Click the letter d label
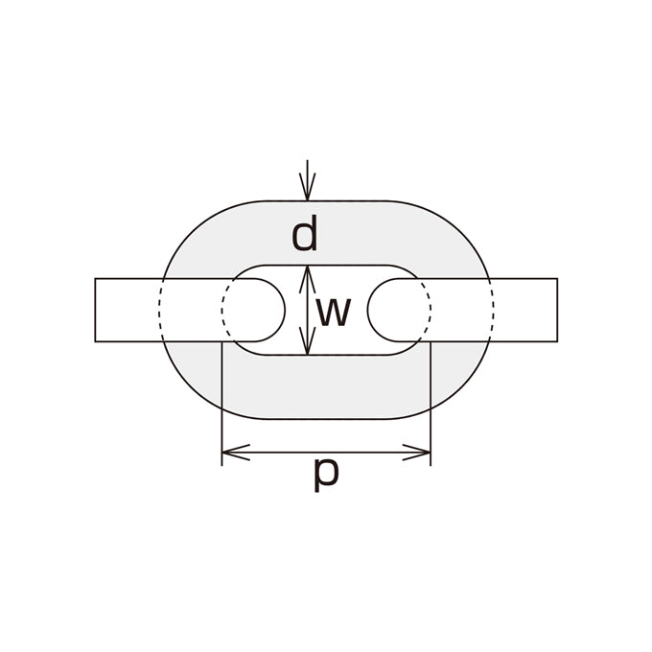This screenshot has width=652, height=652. pyautogui.click(x=305, y=233)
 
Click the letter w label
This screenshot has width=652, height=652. pyautogui.click(x=334, y=312)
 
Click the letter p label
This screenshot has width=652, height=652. pyautogui.click(x=326, y=475)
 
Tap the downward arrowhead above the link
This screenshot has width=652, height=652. pyautogui.click(x=307, y=187)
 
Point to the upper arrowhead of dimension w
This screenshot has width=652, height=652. pyautogui.click(x=307, y=279)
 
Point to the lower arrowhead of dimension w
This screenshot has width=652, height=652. pyautogui.click(x=307, y=341)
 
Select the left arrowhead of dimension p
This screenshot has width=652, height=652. pyautogui.click(x=236, y=452)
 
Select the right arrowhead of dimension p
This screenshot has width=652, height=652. pyautogui.click(x=416, y=452)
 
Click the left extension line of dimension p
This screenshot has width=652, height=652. pyautogui.click(x=222, y=404)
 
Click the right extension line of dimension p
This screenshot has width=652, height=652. pyautogui.click(x=431, y=404)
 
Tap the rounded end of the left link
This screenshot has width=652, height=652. pyautogui.click(x=285, y=310)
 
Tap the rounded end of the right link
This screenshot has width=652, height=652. pyautogui.click(x=367, y=310)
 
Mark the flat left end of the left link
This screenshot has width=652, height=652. pyautogui.click(x=95, y=310)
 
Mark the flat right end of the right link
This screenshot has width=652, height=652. pyautogui.click(x=557, y=310)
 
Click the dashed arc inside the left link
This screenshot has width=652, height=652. pyautogui.click(x=222, y=310)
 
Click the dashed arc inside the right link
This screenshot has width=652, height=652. pyautogui.click(x=431, y=310)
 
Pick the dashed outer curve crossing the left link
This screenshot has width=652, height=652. pyautogui.click(x=159, y=310)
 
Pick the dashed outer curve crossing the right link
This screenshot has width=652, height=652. pyautogui.click(x=494, y=310)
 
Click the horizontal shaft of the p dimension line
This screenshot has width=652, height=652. pyautogui.click(x=326, y=452)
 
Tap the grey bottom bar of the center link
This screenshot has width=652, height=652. pyautogui.click(x=326, y=386)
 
